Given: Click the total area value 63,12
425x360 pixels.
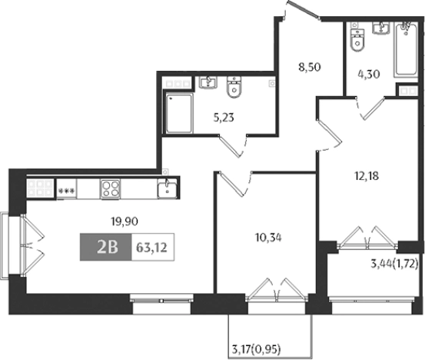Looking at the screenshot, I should (x=150, y=248).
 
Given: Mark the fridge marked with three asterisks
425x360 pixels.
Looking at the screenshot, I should (x=66, y=189).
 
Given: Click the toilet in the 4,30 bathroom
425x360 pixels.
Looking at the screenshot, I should (x=356, y=39).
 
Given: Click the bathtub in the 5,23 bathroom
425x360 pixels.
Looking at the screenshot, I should (x=179, y=112).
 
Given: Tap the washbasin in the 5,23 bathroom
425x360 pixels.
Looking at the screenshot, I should (x=208, y=82).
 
